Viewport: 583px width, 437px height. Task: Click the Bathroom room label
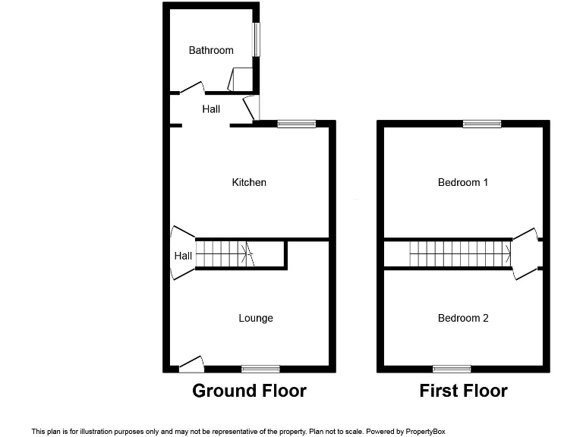[211, 50]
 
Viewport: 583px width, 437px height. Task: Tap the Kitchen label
[249, 182]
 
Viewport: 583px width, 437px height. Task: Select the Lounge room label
[256, 318]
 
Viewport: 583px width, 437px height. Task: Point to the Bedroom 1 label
[463, 182]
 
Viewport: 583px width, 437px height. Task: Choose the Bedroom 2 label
[463, 318]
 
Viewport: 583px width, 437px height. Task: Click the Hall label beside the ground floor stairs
[183, 256]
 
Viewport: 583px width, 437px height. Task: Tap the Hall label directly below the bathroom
[211, 109]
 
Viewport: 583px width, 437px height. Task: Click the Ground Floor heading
[249, 391]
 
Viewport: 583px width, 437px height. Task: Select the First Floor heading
[463, 391]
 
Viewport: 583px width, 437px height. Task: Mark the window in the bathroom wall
[257, 39]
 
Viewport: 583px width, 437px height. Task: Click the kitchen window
[296, 124]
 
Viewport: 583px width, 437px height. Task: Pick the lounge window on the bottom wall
[260, 369]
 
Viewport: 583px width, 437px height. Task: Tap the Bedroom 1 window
[482, 124]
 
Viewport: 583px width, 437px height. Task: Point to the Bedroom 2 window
[452, 369]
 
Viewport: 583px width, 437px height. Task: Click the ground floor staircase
[225, 254]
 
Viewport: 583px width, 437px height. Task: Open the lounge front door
[192, 364]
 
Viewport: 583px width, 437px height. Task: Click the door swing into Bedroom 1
[526, 234]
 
